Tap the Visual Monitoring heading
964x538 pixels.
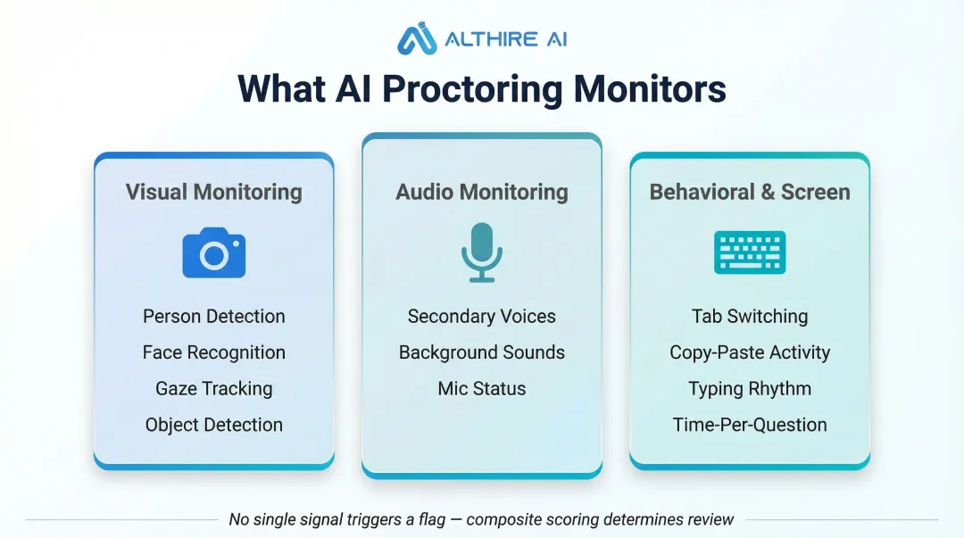tap(214, 192)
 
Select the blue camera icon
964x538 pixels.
tap(214, 253)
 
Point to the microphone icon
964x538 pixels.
tap(482, 253)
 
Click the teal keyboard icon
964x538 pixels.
tap(750, 252)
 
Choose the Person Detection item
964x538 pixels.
tap(214, 316)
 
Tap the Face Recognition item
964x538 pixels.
tap(214, 352)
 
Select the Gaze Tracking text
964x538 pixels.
tap(214, 388)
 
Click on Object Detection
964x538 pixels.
tap(214, 425)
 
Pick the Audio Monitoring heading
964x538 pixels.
tap(482, 192)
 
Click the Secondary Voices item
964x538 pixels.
tap(482, 316)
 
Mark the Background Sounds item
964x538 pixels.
tap(482, 352)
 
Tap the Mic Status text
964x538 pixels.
tap(482, 388)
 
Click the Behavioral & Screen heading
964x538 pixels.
tap(750, 192)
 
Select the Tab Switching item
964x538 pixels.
tap(750, 316)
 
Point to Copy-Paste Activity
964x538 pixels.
tap(750, 352)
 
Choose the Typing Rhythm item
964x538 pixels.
tap(750, 388)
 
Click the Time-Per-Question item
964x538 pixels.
tap(750, 425)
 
